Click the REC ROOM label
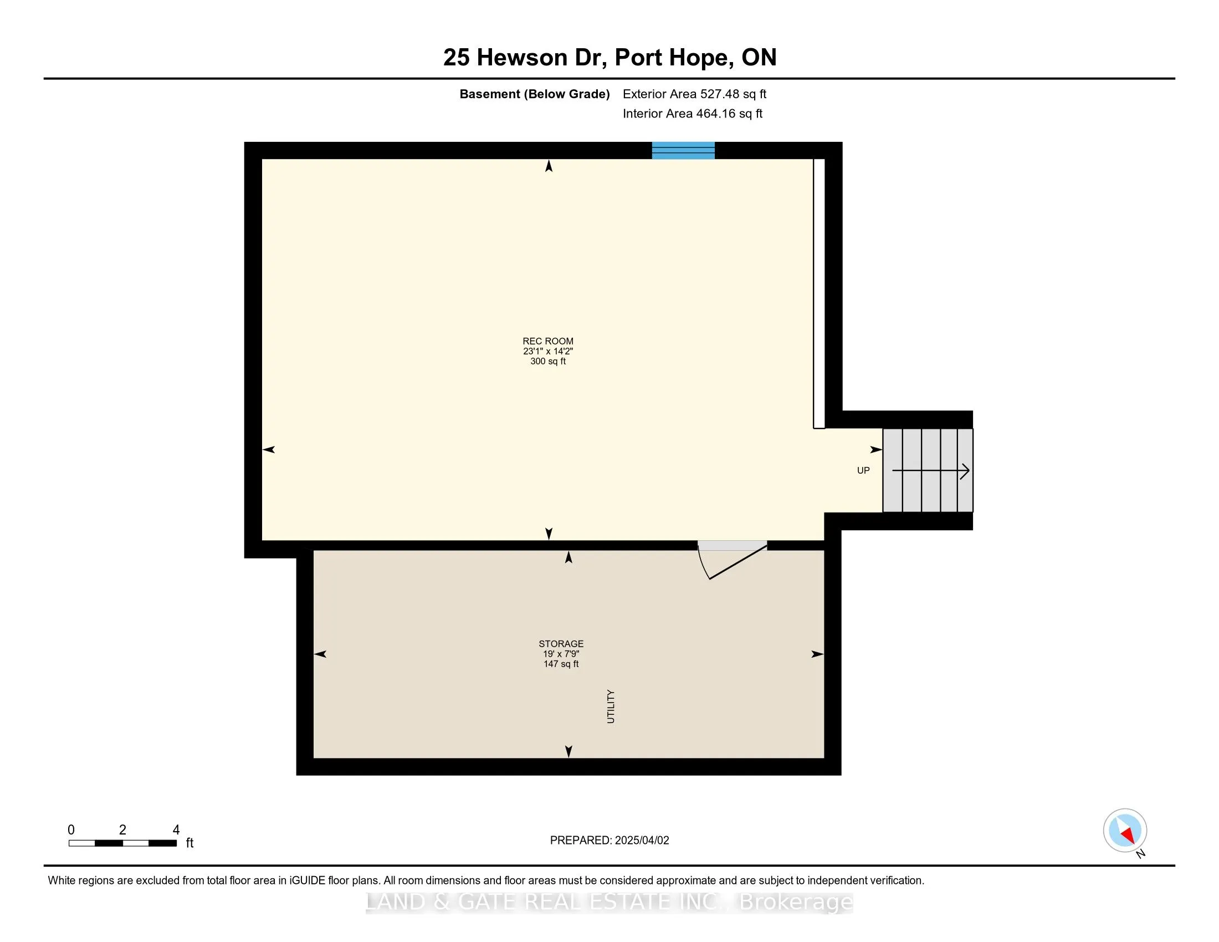click(547, 341)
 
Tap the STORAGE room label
click(561, 643)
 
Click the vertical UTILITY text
click(611, 706)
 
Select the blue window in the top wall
click(683, 151)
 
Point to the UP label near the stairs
click(863, 470)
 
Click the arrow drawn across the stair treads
click(930, 471)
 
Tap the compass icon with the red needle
click(1124, 831)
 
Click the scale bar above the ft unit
click(123, 843)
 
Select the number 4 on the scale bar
click(176, 830)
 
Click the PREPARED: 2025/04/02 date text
click(609, 841)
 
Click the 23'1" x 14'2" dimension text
click(547, 351)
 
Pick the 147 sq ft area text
click(561, 664)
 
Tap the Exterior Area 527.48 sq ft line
click(694, 94)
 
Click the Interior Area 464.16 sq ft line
click(692, 114)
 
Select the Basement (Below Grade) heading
click(534, 94)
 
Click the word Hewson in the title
click(522, 58)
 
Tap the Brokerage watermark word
click(796, 902)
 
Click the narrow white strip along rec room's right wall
click(819, 294)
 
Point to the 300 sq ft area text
click(547, 361)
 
